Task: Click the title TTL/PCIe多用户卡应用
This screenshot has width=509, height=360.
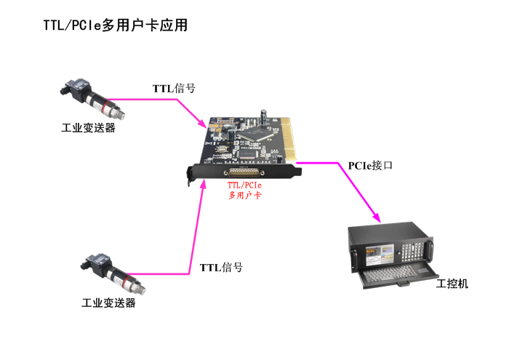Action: coord(116,25)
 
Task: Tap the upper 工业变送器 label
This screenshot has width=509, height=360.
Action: coord(89,129)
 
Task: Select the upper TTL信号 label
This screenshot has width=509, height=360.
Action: coord(174,89)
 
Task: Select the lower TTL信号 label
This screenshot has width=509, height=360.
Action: coord(221,268)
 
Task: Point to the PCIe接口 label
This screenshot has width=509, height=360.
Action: coord(370,166)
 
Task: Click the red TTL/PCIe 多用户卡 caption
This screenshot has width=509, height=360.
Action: coord(245,191)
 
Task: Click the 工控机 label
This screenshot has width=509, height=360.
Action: coord(452,284)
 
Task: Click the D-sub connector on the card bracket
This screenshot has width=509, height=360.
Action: coord(245,172)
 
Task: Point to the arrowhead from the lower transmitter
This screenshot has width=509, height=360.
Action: coord(201,185)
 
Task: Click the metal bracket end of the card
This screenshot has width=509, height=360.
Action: coord(192,174)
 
